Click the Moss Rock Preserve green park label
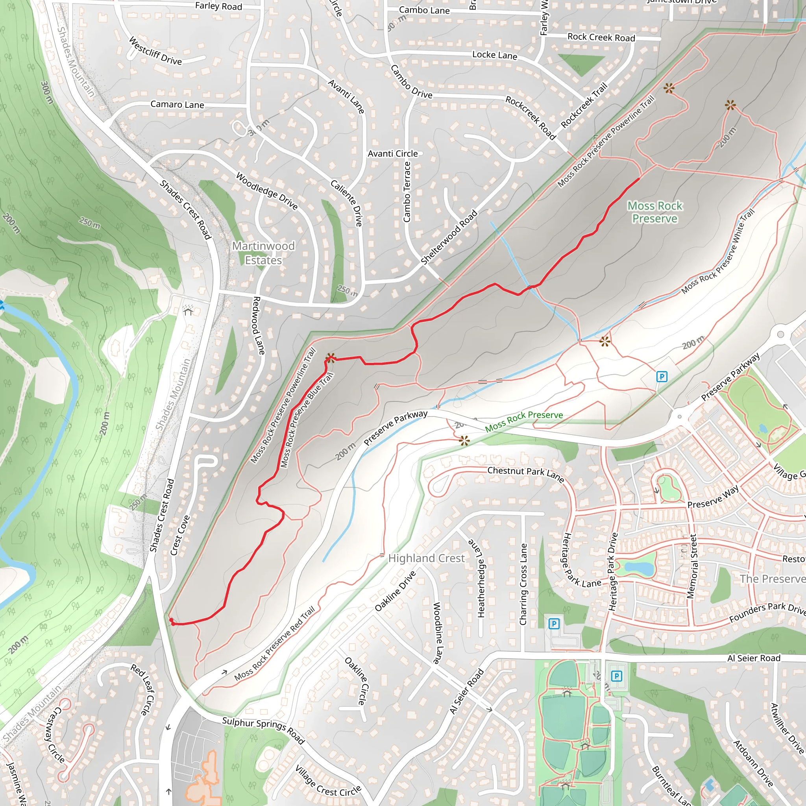pos(654,212)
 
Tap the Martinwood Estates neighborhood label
pos(263,253)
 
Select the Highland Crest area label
pos(426,558)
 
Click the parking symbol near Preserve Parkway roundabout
pos(662,377)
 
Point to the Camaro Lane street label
pos(177,104)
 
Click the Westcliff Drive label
pos(155,51)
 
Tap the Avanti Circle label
pos(392,153)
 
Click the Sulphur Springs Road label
pos(263,730)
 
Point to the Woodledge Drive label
pos(266,191)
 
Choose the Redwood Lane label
pos(259,325)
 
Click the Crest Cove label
pos(180,535)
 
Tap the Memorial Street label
pos(692,567)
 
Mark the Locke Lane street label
pos(494,55)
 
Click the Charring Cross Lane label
pos(523,584)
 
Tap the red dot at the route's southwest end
pos(172,623)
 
